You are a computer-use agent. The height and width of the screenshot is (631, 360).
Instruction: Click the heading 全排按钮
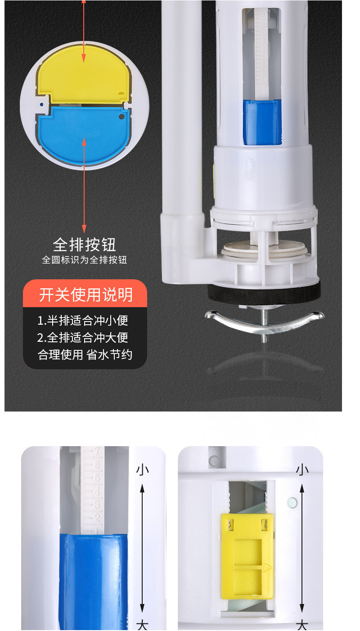[85, 245]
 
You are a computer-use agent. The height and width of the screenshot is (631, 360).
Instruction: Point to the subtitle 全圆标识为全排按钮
[85, 260]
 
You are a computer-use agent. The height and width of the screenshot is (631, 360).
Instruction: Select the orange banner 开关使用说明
[85, 295]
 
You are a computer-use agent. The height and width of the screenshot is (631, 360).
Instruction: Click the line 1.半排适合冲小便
[83, 320]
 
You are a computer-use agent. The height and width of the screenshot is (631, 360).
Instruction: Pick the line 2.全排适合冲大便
[83, 337]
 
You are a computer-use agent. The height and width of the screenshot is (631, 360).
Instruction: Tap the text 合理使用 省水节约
[85, 354]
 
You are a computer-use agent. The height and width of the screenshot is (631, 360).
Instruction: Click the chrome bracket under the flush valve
[264, 321]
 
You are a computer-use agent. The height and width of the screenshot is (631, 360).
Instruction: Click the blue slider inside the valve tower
[262, 121]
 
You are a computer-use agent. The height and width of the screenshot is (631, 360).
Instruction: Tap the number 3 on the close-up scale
[96, 504]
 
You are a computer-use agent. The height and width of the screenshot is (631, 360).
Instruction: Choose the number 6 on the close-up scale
[96, 465]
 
